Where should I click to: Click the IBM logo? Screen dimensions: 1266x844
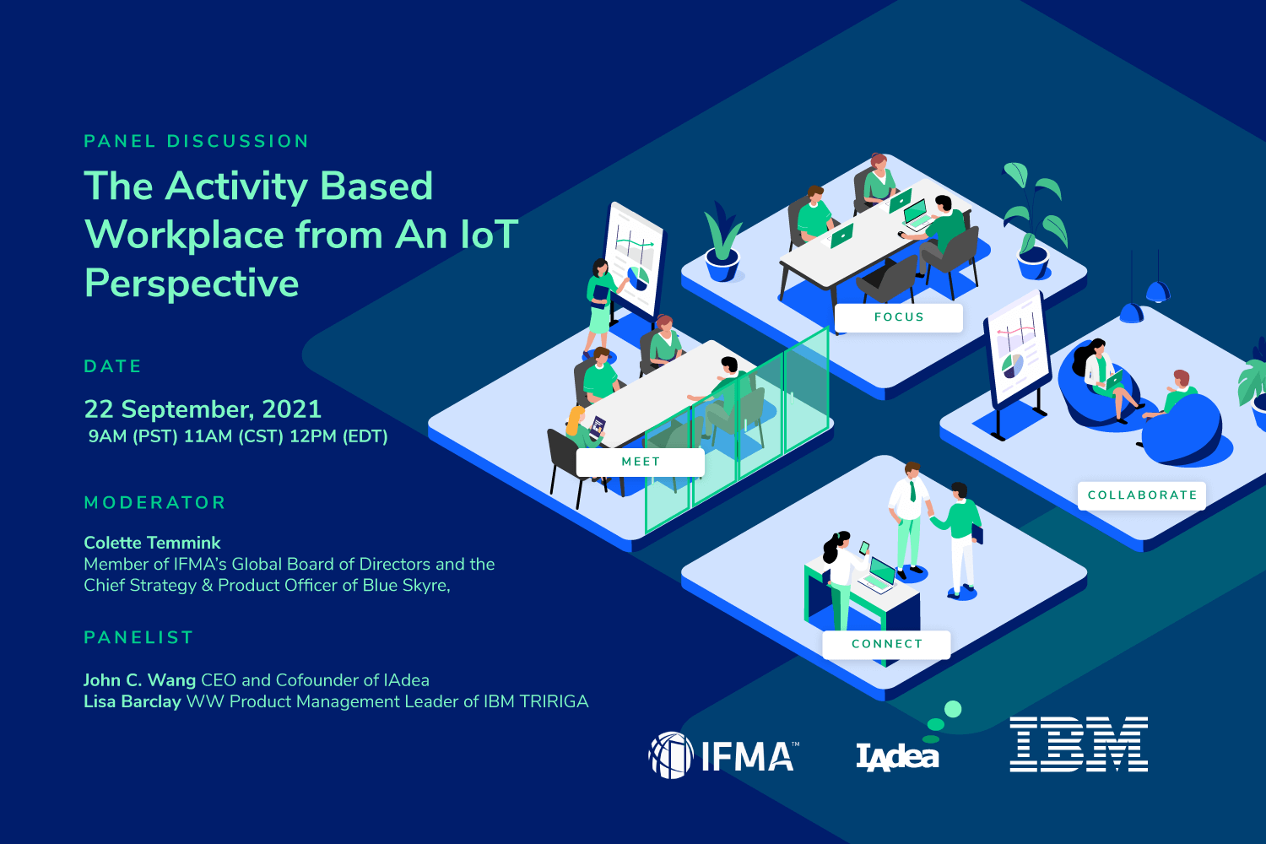(1079, 744)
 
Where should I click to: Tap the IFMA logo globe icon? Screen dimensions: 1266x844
(671, 755)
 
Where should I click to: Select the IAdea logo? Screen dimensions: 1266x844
(897, 756)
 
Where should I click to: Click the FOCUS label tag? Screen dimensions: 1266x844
(899, 317)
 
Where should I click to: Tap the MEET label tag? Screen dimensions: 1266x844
(641, 462)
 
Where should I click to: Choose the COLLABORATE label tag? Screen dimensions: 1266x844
(1142, 495)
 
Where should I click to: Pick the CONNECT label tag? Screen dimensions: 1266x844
(886, 645)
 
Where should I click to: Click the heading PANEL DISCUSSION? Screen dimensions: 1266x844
(196, 141)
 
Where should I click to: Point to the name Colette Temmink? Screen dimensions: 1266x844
(152, 543)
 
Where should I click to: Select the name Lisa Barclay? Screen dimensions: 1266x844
(133, 701)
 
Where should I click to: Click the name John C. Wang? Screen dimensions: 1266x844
(139, 680)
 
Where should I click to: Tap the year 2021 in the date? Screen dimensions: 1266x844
(292, 409)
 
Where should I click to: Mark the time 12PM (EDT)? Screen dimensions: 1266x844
(338, 436)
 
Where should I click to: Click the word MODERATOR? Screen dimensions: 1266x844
(154, 502)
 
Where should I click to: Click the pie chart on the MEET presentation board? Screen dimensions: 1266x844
(639, 279)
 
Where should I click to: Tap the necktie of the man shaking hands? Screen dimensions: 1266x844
(912, 490)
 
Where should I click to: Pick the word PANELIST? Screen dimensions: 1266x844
(138, 638)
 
